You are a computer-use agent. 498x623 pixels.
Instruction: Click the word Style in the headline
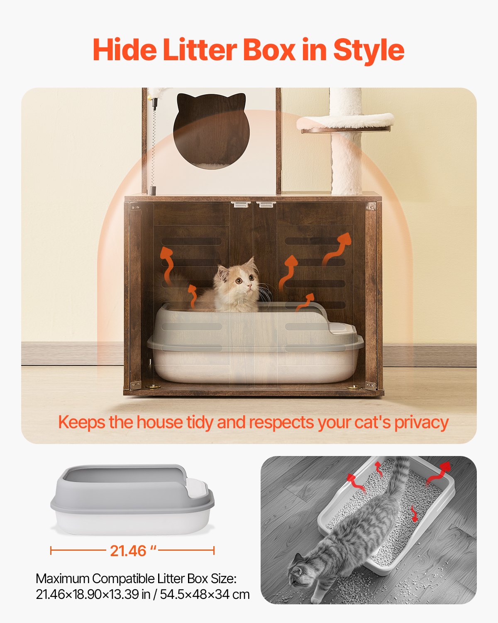[369, 50]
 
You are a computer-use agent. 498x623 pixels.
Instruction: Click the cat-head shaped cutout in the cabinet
[210, 129]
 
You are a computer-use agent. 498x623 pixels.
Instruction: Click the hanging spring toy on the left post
[154, 145]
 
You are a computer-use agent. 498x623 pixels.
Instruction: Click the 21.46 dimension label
[128, 551]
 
